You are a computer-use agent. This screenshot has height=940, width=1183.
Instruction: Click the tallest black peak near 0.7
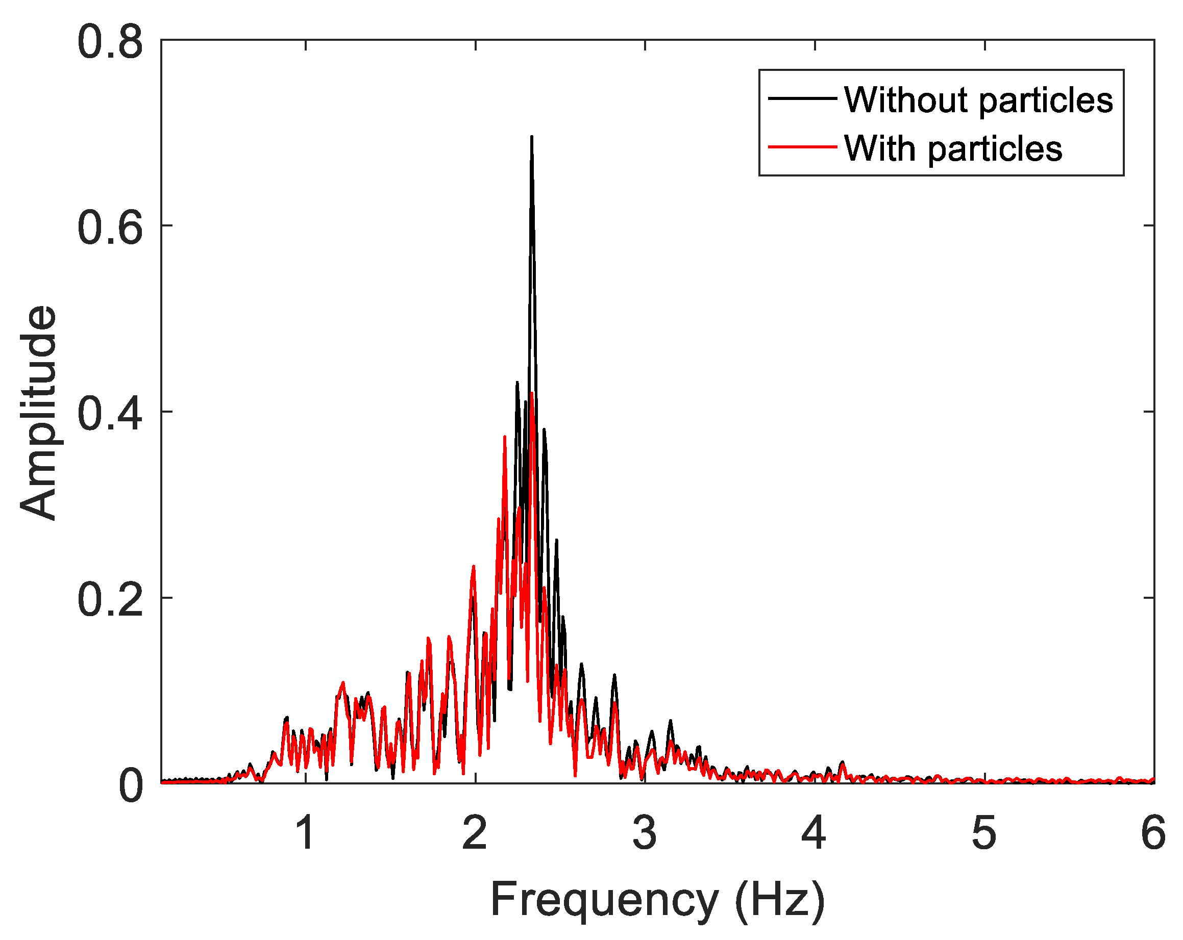(531, 137)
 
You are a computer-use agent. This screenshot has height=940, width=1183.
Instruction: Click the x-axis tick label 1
(305, 832)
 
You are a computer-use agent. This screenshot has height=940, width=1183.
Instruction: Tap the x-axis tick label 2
(475, 832)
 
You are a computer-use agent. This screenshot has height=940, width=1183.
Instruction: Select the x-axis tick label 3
(645, 832)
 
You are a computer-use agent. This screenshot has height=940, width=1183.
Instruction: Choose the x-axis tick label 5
(984, 832)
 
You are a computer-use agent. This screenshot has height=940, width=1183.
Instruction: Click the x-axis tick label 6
(1153, 832)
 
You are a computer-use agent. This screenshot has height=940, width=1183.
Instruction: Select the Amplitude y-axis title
(38, 411)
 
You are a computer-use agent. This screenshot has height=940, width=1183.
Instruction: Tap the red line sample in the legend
(802, 147)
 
